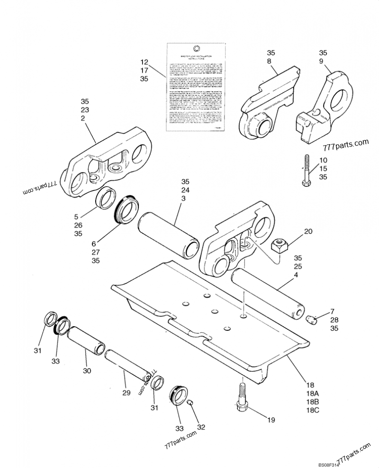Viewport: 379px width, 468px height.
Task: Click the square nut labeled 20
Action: [278, 245]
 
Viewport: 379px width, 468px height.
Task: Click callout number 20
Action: [308, 232]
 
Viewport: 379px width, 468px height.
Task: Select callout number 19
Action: [271, 419]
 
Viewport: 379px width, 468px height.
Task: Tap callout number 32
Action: [201, 427]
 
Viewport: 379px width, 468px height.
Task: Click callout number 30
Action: [86, 371]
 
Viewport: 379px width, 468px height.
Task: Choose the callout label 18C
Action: [313, 411]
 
